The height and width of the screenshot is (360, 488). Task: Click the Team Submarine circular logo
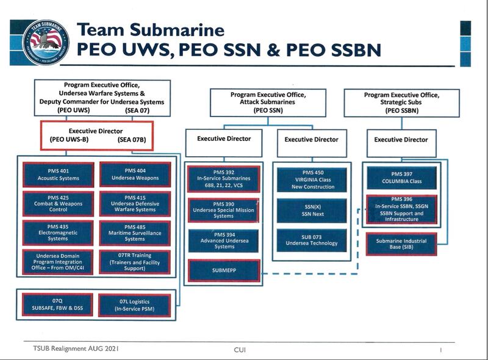click(x=46, y=42)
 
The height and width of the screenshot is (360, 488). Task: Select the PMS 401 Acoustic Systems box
click(x=59, y=175)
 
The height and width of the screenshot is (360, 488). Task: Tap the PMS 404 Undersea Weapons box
click(x=135, y=175)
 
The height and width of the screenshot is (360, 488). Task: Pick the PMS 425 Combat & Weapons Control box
click(x=59, y=204)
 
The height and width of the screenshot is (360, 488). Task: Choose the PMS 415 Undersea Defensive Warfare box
click(x=135, y=204)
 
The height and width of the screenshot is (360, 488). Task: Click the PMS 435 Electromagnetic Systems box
click(x=59, y=233)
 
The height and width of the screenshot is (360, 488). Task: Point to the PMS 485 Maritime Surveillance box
click(x=135, y=233)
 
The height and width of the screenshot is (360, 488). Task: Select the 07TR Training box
click(x=135, y=262)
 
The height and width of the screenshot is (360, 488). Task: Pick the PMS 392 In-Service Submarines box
click(x=224, y=179)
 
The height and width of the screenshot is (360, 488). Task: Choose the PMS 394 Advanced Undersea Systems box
click(x=224, y=241)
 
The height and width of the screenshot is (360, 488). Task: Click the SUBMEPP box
click(x=224, y=270)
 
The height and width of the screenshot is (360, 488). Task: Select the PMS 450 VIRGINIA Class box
click(x=312, y=179)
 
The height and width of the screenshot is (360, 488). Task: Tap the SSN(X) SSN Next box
click(x=312, y=211)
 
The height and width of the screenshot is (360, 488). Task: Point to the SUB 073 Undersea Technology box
click(x=312, y=240)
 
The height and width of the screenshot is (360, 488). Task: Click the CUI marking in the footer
click(x=240, y=350)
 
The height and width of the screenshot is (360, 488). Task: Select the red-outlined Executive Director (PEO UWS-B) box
click(x=96, y=135)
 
